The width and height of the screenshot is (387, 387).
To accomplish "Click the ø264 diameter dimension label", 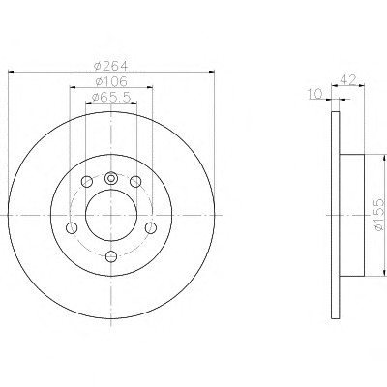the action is click(110, 66).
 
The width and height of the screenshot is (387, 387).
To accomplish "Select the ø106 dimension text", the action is click(111, 81).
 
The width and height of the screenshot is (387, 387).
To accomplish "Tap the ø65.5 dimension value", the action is click(111, 97).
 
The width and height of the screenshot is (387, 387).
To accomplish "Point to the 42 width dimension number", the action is click(347, 79).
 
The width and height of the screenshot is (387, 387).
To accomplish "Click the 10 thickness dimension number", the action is click(315, 94).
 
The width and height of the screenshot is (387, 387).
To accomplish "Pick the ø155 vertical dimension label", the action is click(378, 215).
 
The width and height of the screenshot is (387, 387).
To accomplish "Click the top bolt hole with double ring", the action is click(111, 178).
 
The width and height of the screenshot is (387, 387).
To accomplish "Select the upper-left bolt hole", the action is click(87, 182).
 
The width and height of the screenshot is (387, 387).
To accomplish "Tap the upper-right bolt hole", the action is click(135, 182).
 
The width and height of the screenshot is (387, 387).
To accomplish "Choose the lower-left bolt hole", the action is click(72, 228).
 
